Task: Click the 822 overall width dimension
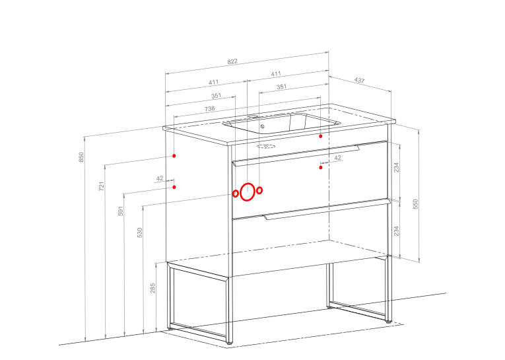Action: click(x=232, y=61)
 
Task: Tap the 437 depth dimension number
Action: click(x=359, y=80)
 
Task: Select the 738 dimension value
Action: click(x=210, y=108)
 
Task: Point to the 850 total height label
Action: click(x=81, y=157)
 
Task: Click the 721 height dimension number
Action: click(x=102, y=186)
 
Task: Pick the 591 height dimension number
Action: click(x=120, y=211)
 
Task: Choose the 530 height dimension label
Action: click(x=139, y=233)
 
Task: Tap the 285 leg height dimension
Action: click(x=152, y=288)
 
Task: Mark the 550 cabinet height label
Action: click(x=415, y=204)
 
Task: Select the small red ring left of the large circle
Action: click(x=236, y=194)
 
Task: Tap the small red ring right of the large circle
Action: click(x=259, y=190)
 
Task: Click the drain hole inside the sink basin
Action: click(x=262, y=127)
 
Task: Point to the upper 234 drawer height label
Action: click(x=397, y=167)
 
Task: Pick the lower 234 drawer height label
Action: click(x=397, y=231)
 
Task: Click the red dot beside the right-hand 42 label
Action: click(x=321, y=167)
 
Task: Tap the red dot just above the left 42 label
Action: click(x=174, y=156)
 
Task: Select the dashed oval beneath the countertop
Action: click(x=266, y=147)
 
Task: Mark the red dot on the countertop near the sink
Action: click(x=321, y=136)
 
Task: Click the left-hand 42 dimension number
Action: click(x=160, y=178)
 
